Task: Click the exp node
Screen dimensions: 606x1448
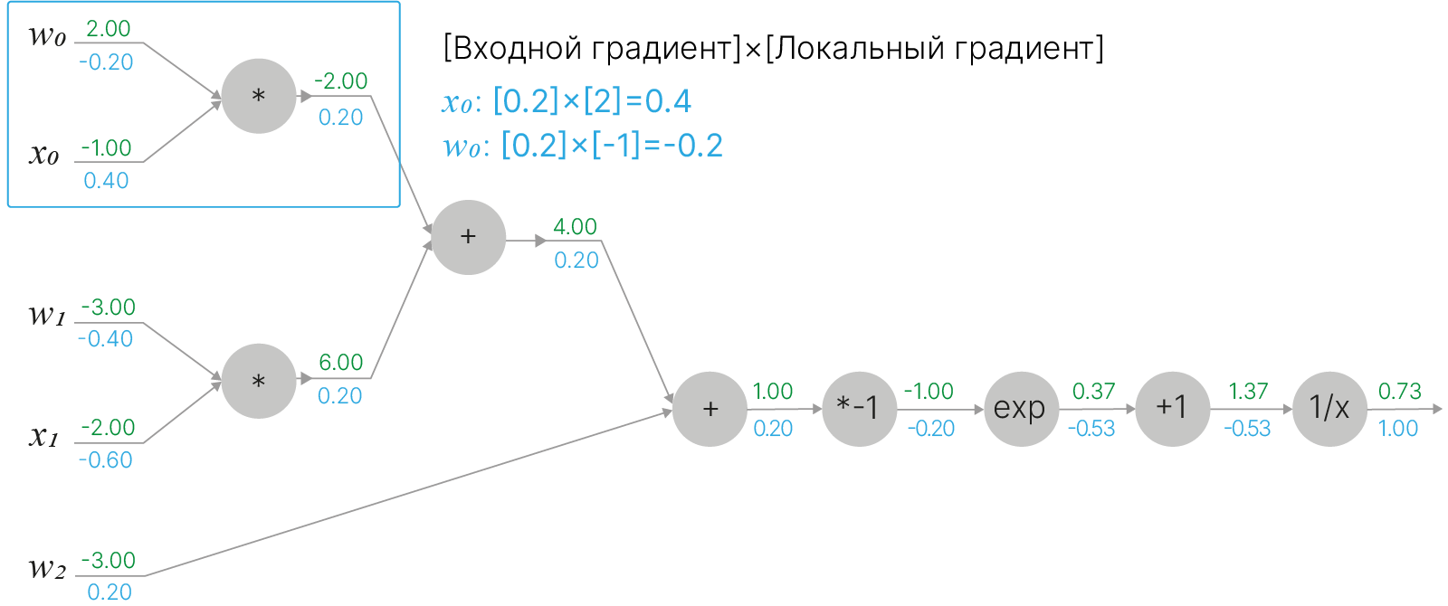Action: pos(1020,409)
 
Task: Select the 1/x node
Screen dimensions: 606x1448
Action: pos(1329,409)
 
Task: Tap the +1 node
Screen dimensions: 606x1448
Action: pos(1172,409)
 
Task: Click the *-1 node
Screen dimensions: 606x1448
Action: pos(858,409)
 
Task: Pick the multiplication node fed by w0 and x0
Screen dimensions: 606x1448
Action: pos(259,96)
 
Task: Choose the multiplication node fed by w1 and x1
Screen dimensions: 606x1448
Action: pos(259,381)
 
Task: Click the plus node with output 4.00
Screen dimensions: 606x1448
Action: pos(468,237)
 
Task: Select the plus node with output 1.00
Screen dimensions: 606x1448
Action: pos(710,409)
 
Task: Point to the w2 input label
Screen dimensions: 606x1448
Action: pos(47,569)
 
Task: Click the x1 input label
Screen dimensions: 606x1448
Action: pos(43,437)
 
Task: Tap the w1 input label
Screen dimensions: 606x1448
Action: pos(47,315)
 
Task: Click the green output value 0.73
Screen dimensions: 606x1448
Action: pos(1399,392)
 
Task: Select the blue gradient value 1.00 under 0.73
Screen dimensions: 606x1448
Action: pos(1397,429)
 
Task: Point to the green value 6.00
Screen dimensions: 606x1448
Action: pos(340,363)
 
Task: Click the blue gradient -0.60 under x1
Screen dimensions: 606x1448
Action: pos(105,460)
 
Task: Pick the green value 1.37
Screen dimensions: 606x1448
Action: pos(1247,392)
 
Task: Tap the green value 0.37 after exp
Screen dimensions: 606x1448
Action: pos(1093,392)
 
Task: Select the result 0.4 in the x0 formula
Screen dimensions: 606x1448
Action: pos(668,101)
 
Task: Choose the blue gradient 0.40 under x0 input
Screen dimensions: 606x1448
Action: pos(106,181)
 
